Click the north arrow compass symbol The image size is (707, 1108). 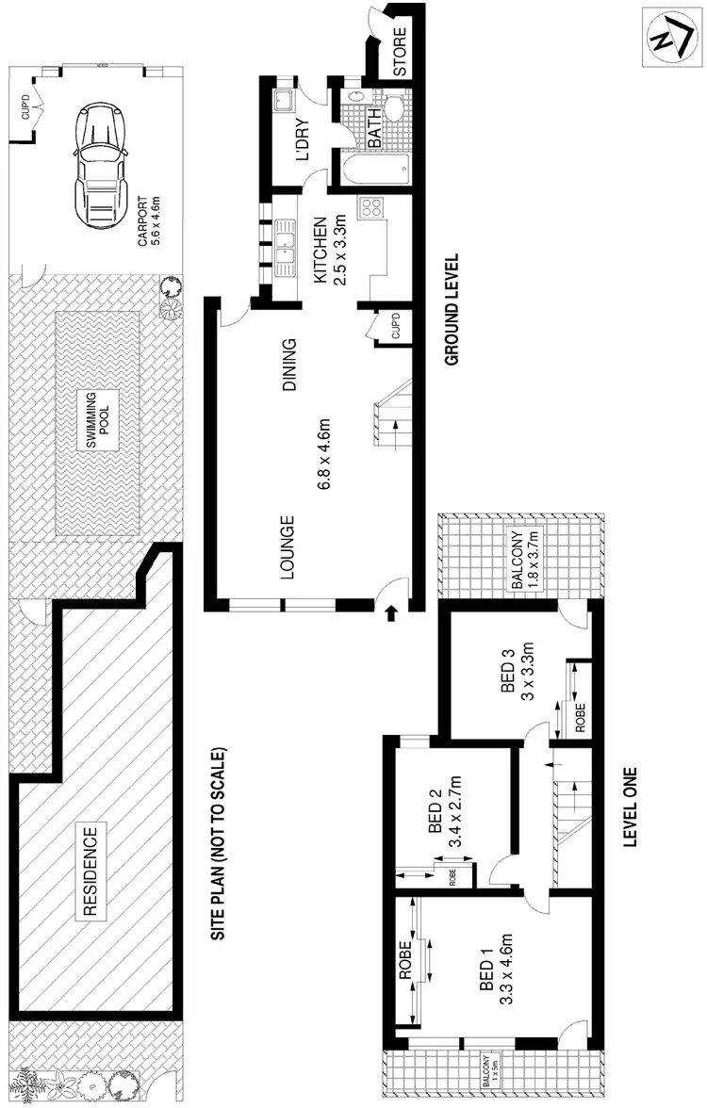670,38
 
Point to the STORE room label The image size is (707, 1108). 399,54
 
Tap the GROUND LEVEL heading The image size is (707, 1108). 451,309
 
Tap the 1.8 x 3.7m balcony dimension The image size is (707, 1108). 533,560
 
